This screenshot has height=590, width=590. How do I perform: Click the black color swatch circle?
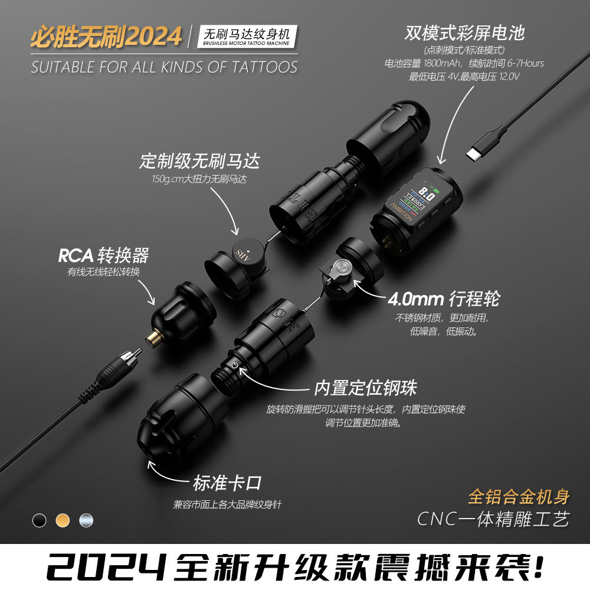click(40, 520)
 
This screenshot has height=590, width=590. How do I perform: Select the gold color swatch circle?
click(63, 520)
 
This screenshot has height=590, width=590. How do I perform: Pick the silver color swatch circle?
click(86, 520)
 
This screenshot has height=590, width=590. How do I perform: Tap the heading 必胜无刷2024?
click(106, 37)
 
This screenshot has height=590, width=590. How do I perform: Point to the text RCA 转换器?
click(103, 255)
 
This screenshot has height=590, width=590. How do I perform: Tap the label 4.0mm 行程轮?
click(443, 299)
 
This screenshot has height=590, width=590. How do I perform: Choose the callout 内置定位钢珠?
click(365, 388)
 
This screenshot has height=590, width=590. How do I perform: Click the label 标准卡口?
click(227, 484)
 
